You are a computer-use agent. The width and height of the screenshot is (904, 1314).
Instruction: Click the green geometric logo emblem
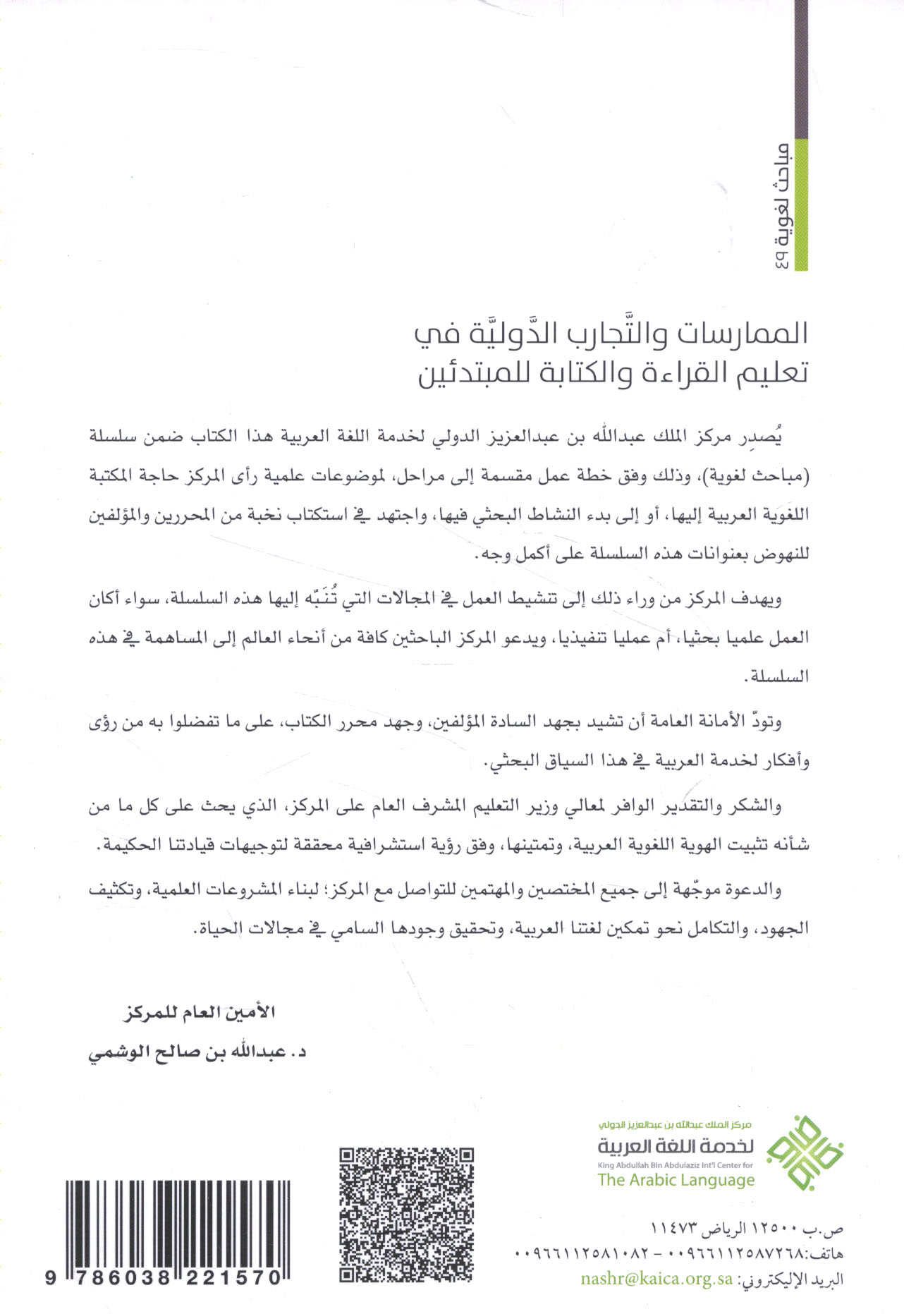point(804,1153)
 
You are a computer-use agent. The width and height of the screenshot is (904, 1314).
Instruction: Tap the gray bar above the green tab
point(800,71)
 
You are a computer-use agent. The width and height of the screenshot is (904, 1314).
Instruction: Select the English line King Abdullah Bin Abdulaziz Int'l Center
point(675,1165)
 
